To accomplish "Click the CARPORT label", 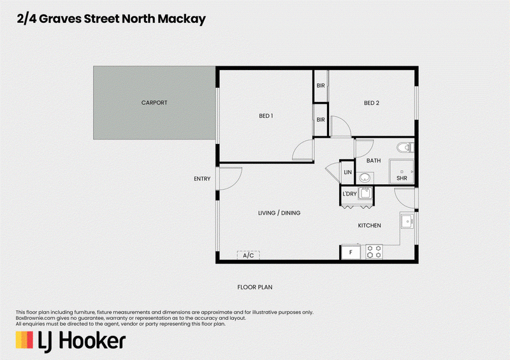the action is pyautogui.click(x=154, y=103).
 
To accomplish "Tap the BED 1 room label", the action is pyautogui.click(x=266, y=116).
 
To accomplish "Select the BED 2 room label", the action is pyautogui.click(x=372, y=103).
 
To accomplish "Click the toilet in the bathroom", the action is pyautogui.click(x=405, y=147).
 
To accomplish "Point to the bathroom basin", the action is pyautogui.click(x=365, y=178).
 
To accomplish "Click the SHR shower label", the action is pyautogui.click(x=402, y=178).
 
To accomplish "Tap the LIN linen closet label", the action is pyautogui.click(x=347, y=173).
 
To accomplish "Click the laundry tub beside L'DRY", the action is pyautogui.click(x=365, y=193).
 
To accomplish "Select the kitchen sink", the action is pyautogui.click(x=407, y=221).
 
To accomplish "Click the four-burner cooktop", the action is pyautogui.click(x=374, y=252).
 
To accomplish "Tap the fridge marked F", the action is pyautogui.click(x=351, y=252).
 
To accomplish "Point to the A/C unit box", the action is pyautogui.click(x=248, y=256).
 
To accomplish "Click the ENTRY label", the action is pyautogui.click(x=202, y=179).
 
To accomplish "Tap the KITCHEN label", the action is pyautogui.click(x=369, y=226).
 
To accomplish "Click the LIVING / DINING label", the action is pyautogui.click(x=279, y=213).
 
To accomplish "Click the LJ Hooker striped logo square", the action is pyautogui.click(x=24, y=340).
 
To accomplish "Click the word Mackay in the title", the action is pyautogui.click(x=182, y=19).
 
